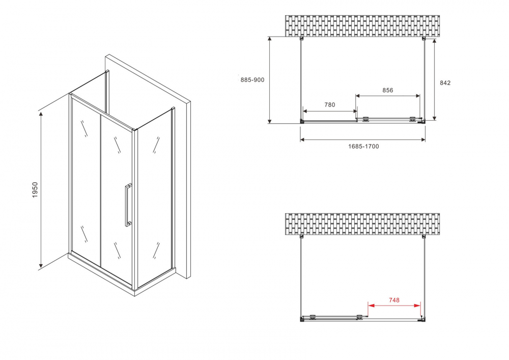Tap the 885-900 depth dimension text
click(x=252, y=79)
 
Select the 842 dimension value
click(x=444, y=83)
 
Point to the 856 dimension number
click(x=388, y=90)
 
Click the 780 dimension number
click(x=329, y=105)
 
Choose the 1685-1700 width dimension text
click(x=363, y=146)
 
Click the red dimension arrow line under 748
click(x=394, y=306)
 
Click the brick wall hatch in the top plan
click(x=362, y=26)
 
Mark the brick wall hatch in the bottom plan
click(x=362, y=225)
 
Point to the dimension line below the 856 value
click(x=388, y=96)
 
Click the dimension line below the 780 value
click(x=329, y=110)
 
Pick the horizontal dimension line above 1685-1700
click(x=362, y=140)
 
